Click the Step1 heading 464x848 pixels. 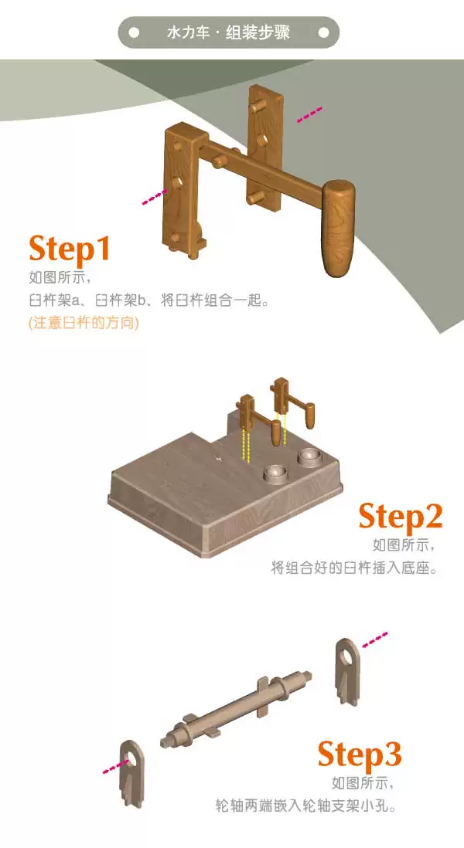[x=70, y=249]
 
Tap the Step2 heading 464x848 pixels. [x=400, y=516]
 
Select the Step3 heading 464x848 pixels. [x=360, y=754]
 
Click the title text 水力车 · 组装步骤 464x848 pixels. [x=228, y=32]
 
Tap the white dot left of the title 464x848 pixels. [x=134, y=33]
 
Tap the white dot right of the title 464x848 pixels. [x=324, y=33]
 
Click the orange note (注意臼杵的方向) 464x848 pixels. [x=84, y=323]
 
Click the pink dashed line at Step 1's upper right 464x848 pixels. [x=309, y=114]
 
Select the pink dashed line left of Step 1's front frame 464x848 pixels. [x=155, y=197]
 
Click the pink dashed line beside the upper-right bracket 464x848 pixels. [x=375, y=639]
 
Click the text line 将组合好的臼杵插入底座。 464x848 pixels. [x=353, y=568]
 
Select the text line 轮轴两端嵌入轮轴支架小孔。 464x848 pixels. [x=305, y=806]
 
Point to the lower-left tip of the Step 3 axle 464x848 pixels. [x=163, y=742]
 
